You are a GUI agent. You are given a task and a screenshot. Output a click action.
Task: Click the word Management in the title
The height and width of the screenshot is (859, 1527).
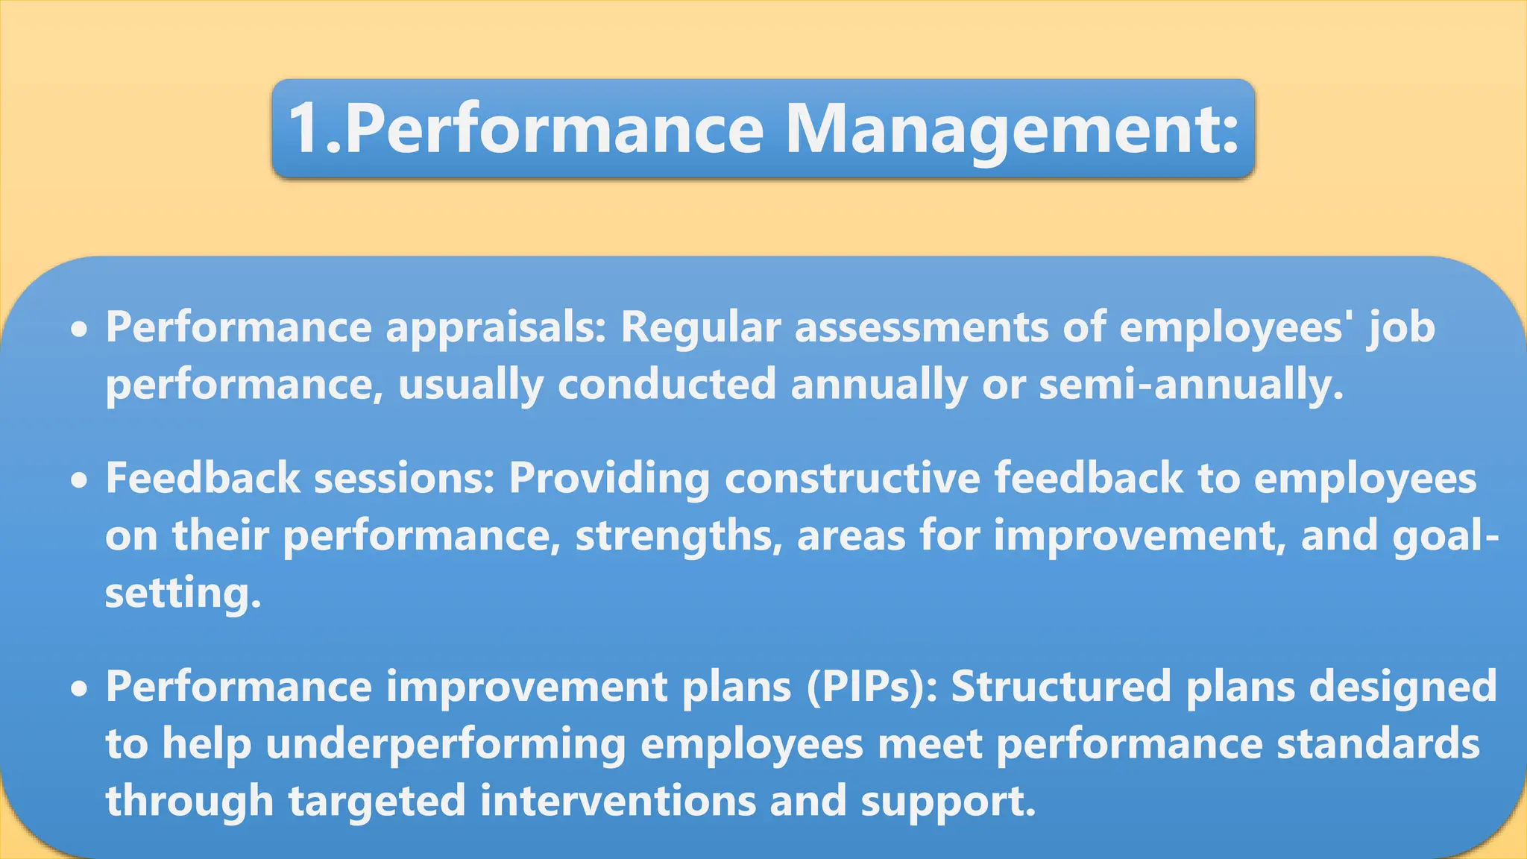pyautogui.click(x=1012, y=128)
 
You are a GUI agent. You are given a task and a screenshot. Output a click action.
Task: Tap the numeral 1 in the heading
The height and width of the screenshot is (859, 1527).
pyautogui.click(x=306, y=128)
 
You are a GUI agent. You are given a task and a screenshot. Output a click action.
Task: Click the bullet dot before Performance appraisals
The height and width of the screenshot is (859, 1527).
pyautogui.click(x=79, y=329)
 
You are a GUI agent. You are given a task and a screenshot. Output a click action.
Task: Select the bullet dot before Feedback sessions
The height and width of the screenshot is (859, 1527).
pyautogui.click(x=79, y=481)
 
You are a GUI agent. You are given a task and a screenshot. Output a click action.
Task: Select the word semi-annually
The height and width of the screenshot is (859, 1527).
pyautogui.click(x=1191, y=385)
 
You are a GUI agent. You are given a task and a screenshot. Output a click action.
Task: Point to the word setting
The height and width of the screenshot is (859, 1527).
pyautogui.click(x=183, y=594)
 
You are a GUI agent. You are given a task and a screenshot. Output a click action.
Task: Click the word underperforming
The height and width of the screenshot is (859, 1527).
pyautogui.click(x=446, y=745)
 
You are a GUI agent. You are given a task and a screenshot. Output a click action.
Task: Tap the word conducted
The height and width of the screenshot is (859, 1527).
pyautogui.click(x=667, y=385)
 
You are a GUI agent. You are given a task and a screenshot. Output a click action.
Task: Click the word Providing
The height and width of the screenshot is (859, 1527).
pyautogui.click(x=609, y=479)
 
